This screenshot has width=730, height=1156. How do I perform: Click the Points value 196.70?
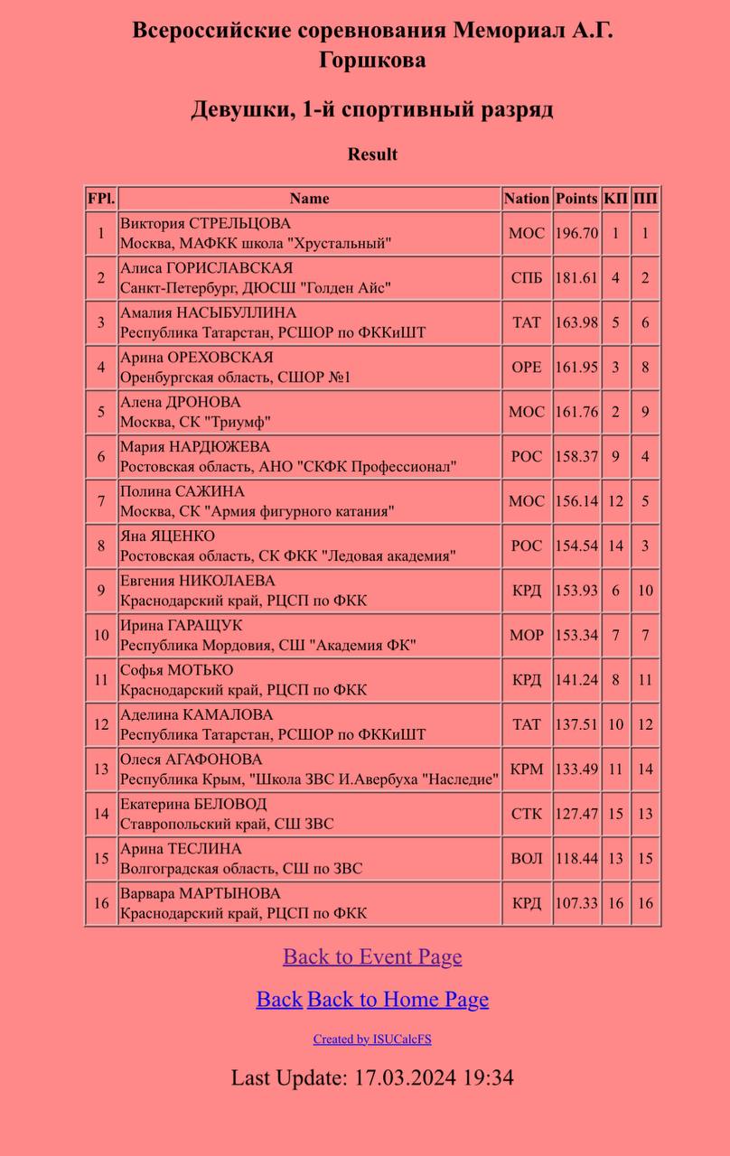[576, 233]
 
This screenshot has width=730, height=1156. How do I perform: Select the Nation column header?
[527, 199]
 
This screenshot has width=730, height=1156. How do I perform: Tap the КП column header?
[615, 199]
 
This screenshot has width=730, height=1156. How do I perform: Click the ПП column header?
[645, 199]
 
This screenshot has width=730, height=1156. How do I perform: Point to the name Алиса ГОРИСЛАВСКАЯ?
[206, 268]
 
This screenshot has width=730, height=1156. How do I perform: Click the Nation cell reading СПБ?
[527, 278]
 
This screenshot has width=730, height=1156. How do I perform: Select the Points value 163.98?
[576, 322]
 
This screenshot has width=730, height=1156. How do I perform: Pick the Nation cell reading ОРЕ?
[527, 368]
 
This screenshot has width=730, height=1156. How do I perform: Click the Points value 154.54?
[576, 546]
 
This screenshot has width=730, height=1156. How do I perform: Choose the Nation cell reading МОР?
[527, 636]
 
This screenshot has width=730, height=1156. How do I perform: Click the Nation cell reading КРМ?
[527, 769]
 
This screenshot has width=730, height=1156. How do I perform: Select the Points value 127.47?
[576, 814]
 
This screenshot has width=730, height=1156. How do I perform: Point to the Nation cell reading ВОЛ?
[527, 859]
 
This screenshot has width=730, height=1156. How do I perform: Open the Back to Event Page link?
[372, 956]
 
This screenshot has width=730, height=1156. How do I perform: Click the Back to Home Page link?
[398, 999]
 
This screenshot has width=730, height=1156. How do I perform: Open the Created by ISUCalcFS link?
[372, 1039]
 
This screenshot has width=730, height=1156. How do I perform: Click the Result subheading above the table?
[372, 154]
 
